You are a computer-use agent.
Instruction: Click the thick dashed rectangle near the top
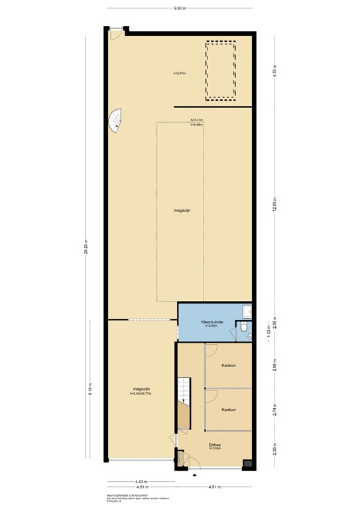(221, 71)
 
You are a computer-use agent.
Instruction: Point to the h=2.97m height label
(179, 73)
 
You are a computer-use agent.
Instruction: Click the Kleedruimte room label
(212, 322)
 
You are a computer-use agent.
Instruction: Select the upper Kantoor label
(229, 365)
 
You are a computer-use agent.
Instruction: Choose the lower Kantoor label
(229, 410)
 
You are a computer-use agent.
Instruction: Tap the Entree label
(215, 445)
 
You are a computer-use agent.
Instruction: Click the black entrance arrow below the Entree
(194, 475)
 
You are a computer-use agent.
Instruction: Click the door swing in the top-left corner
(115, 33)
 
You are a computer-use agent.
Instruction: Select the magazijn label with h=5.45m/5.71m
(141, 390)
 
